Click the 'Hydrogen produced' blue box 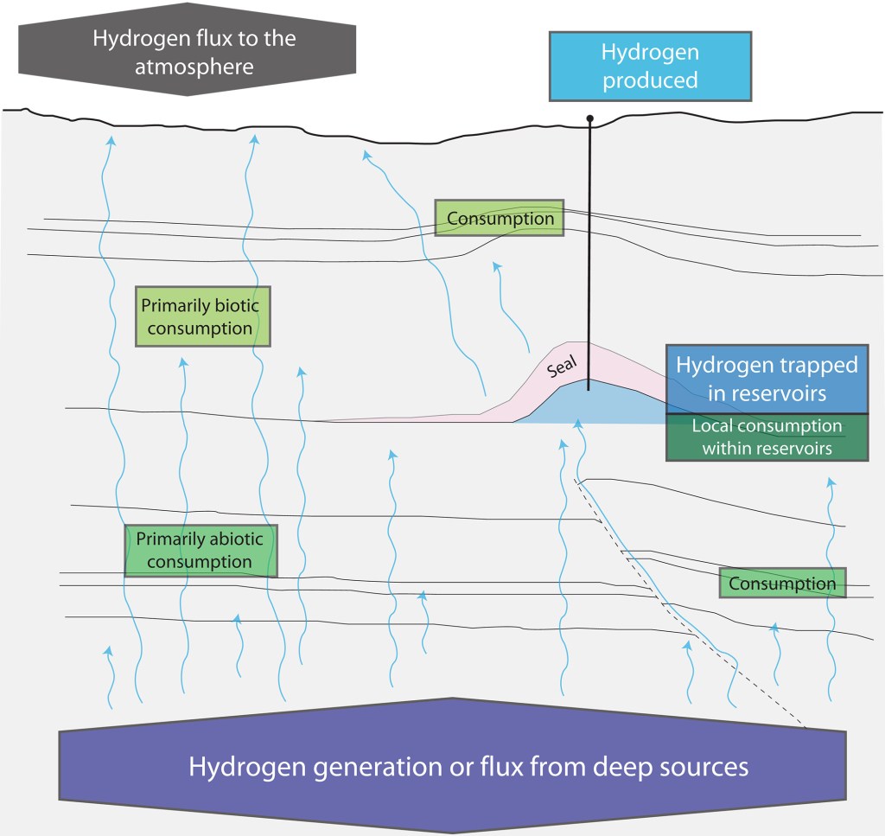(650, 67)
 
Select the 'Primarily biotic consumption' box (203, 316)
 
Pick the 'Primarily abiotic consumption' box (201, 551)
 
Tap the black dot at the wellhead (590, 118)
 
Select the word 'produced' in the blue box (650, 81)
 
